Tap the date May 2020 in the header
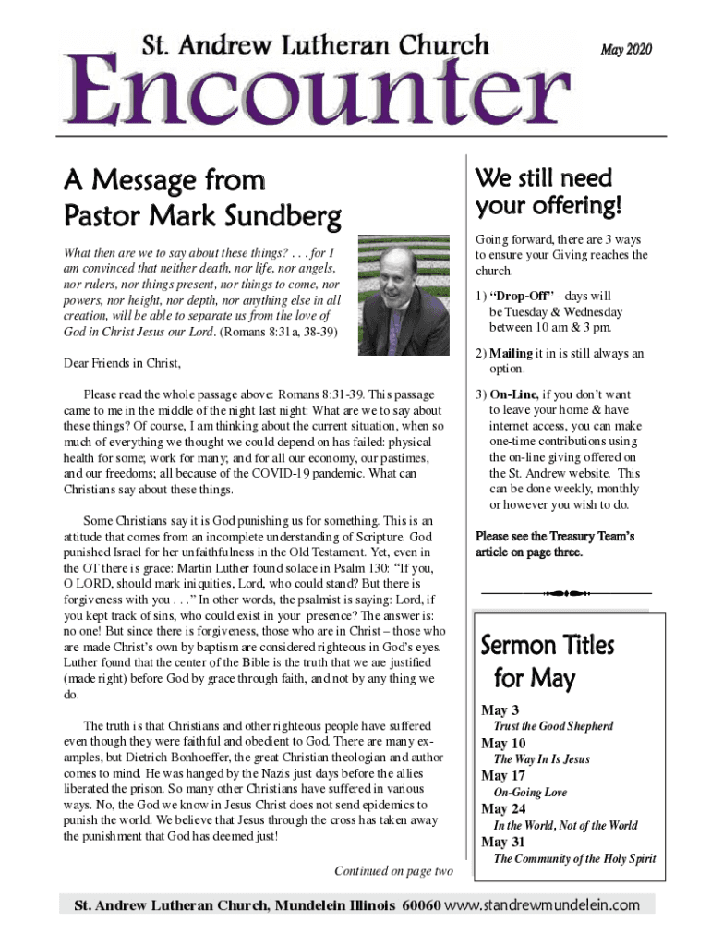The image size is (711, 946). [626, 49]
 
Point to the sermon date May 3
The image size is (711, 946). [502, 710]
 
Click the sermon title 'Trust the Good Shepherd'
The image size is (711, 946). [553, 726]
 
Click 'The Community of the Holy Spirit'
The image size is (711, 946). [574, 858]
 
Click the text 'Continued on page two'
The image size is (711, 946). [393, 871]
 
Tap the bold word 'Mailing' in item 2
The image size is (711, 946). [511, 353]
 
